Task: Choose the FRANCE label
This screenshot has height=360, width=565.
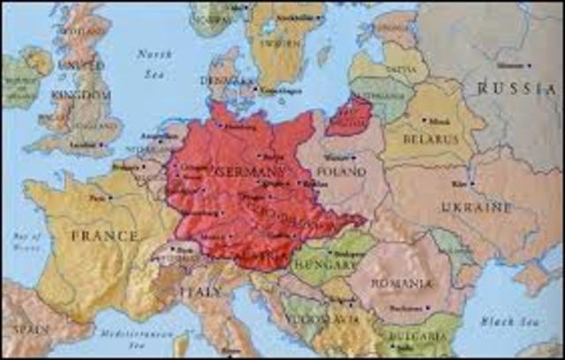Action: coord(105,236)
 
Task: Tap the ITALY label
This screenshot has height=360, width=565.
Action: coord(202,291)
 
